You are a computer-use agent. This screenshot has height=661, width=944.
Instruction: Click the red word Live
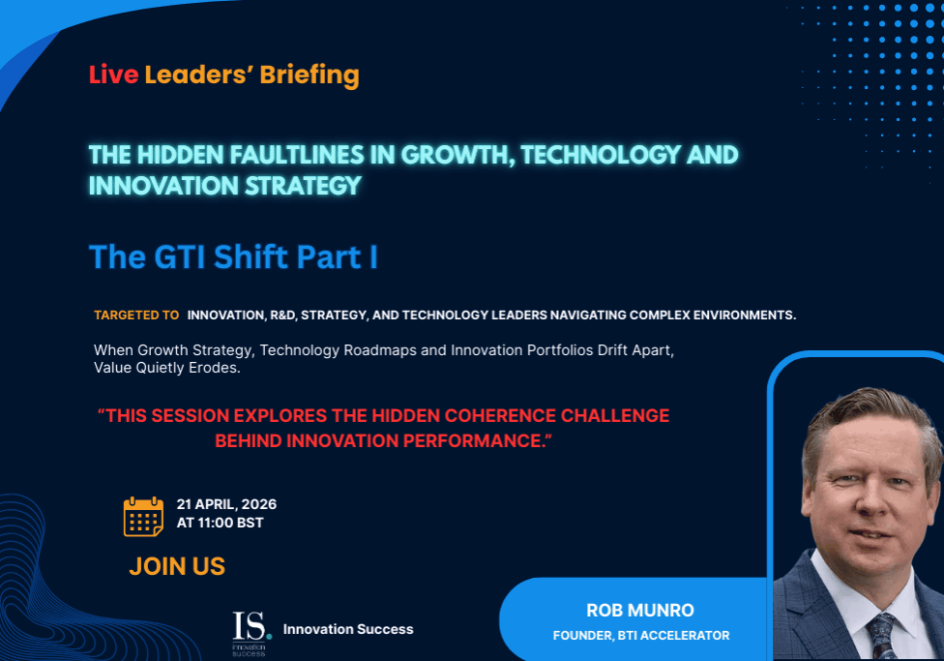(114, 75)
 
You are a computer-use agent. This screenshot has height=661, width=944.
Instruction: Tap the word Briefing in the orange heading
(310, 75)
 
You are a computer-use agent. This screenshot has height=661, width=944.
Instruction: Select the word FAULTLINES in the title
(297, 155)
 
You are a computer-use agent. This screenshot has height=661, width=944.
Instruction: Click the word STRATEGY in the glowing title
(303, 186)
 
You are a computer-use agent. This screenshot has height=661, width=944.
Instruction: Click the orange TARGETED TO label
(136, 315)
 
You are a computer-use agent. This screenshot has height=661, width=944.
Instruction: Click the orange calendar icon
(143, 517)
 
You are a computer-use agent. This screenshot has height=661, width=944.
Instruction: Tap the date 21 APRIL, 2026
(226, 504)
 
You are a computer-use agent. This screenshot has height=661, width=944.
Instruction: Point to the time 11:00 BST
(230, 523)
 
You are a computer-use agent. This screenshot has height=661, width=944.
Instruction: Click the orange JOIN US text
(177, 566)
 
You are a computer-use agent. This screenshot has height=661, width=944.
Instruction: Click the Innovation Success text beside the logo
(348, 629)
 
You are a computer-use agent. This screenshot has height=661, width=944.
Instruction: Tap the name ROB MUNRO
(640, 611)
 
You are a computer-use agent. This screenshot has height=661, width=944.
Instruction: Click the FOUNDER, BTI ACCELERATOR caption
(641, 635)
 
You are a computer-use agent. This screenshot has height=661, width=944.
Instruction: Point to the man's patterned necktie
(881, 635)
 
